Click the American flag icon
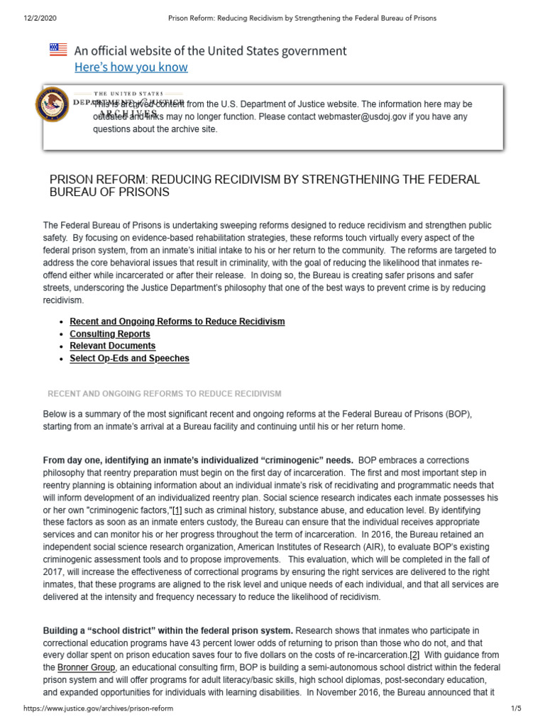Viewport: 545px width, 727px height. tap(58, 50)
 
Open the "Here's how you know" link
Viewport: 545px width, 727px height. tap(131, 67)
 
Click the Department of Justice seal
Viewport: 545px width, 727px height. tap(52, 104)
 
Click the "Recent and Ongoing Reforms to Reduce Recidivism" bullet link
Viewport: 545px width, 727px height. tap(177, 322)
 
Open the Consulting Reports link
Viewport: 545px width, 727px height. tap(110, 334)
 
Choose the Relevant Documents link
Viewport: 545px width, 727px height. tap(112, 346)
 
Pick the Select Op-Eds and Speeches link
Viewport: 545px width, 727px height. tap(129, 359)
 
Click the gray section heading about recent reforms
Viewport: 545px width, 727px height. tap(164, 393)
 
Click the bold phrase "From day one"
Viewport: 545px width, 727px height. tap(75, 461)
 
